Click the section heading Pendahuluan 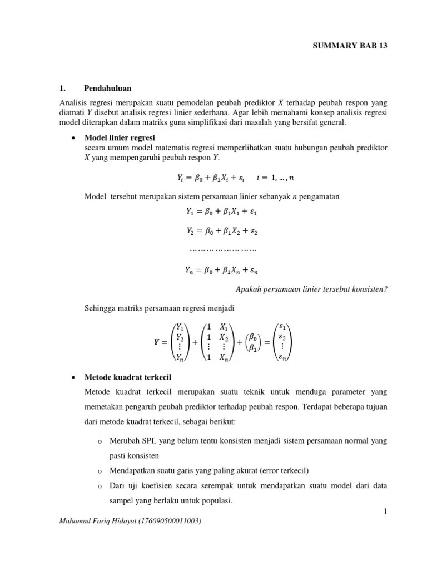point(108,88)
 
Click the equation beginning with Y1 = point(221,212)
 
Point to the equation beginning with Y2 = point(221,230)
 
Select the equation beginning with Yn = point(221,271)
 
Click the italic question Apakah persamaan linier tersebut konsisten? point(311,289)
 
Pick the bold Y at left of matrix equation point(157,343)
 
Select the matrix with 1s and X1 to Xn point(216,343)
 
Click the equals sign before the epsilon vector point(268,343)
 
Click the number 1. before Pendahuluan point(62,88)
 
